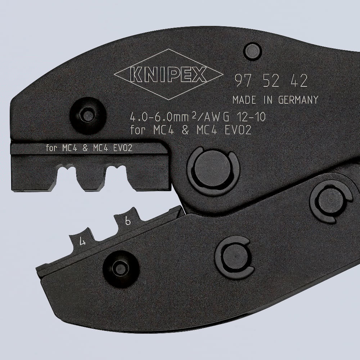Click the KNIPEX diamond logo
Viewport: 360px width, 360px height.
click(168, 74)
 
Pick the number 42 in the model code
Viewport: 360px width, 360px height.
click(298, 82)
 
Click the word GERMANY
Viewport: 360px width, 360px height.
click(298, 100)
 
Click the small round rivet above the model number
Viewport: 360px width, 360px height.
click(252, 51)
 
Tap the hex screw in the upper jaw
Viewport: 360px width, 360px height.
click(87, 116)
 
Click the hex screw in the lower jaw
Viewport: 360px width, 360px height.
click(119, 268)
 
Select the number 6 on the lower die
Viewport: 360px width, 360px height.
click(127, 221)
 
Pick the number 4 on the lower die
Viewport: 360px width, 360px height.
click(83, 242)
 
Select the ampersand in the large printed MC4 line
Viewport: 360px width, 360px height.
click(185, 130)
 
